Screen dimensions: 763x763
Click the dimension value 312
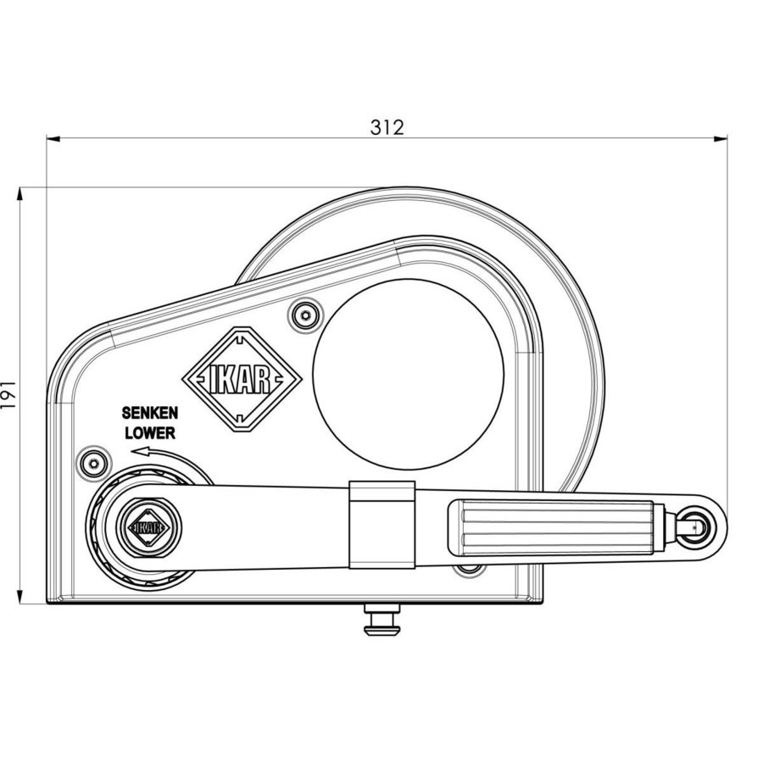point(387,127)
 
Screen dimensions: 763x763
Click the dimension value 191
point(9,395)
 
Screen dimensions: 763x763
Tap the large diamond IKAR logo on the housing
point(242,380)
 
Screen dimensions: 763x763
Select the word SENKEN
point(150,415)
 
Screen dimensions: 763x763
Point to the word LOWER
point(150,432)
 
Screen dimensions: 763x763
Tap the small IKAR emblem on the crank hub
point(147,526)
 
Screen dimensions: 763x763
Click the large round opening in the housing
point(408,374)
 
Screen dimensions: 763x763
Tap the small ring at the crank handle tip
point(699,525)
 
